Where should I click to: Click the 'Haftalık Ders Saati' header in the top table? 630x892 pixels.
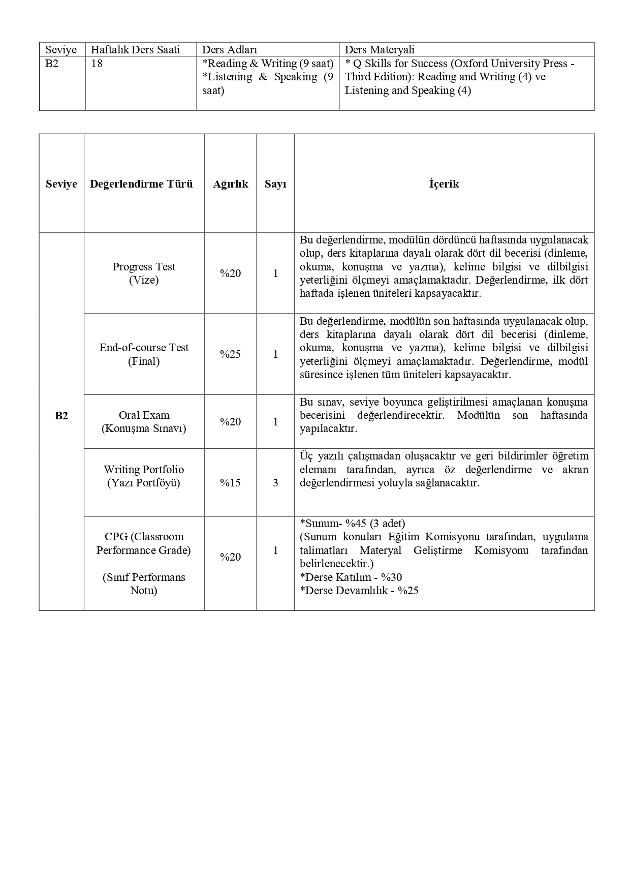[x=135, y=50]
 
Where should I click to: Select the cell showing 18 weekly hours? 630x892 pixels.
[x=97, y=64]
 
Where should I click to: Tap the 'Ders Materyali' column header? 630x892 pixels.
[x=380, y=50]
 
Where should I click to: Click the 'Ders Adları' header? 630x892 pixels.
[x=230, y=50]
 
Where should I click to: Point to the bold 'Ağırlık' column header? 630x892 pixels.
[x=230, y=184]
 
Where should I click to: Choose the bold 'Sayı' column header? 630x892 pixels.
[x=275, y=184]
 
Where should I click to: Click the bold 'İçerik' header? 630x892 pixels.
[x=444, y=184]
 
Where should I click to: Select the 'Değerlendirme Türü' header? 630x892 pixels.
[x=141, y=184]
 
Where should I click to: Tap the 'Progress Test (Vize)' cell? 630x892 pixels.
[x=144, y=273]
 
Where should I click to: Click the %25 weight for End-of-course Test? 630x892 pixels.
[x=230, y=354]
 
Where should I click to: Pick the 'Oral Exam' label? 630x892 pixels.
[x=144, y=415]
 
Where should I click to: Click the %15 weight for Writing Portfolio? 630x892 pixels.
[x=230, y=483]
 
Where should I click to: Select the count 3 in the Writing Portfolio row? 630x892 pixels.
[x=275, y=483]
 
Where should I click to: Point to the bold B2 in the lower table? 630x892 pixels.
[x=61, y=416]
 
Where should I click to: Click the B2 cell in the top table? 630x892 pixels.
[x=52, y=64]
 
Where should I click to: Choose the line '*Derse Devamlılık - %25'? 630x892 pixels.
[x=359, y=591]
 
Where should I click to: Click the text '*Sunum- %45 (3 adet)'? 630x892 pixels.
[x=353, y=524]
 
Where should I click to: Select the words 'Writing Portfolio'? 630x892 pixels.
[x=144, y=470]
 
